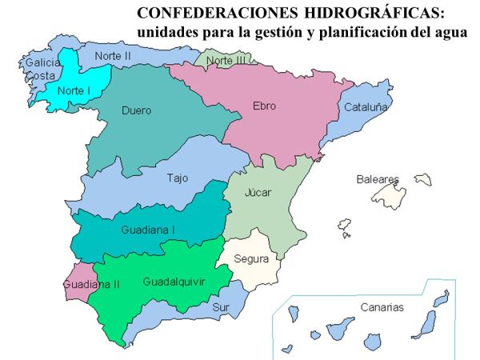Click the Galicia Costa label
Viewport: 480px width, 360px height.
point(40,68)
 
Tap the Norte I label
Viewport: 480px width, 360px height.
point(72,90)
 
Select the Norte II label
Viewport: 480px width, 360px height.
point(113,56)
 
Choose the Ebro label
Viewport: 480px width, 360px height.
point(264,106)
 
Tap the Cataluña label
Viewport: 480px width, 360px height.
point(366,106)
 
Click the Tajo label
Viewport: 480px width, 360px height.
point(178,178)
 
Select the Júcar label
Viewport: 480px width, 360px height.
point(258,193)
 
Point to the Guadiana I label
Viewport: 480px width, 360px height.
point(148,230)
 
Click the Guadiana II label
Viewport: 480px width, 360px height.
point(90,283)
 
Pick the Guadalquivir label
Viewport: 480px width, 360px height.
point(174,282)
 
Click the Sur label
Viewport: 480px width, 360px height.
point(220,306)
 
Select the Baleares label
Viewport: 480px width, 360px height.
point(377,179)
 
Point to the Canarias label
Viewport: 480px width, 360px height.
point(382,306)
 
